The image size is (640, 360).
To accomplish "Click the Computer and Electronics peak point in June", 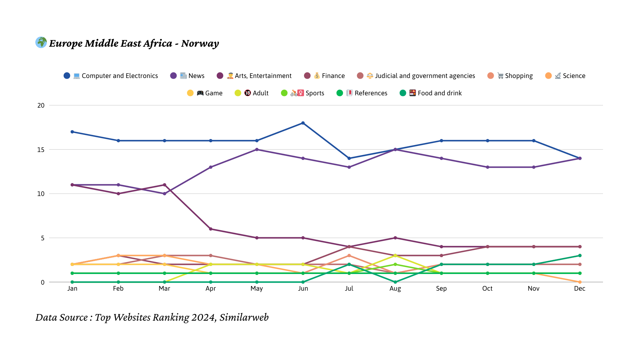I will click(x=303, y=123).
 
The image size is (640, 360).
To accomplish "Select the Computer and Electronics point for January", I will click(x=72, y=132).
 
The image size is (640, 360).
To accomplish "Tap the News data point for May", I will click(x=257, y=150).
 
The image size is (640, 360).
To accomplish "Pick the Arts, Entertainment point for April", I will click(x=211, y=229).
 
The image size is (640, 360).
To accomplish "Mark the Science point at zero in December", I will click(x=580, y=282).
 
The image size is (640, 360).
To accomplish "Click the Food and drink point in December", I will click(x=580, y=256).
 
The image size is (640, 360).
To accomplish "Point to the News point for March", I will click(x=164, y=194).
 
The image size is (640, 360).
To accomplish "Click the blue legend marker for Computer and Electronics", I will click(x=67, y=76).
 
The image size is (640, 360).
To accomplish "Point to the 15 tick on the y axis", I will click(x=41, y=150).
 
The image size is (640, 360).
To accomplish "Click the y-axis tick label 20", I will click(x=41, y=105).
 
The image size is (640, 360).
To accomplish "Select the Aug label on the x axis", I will click(x=395, y=289).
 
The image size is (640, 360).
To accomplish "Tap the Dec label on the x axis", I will click(x=580, y=289).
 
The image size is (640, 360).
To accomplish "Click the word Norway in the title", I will click(x=200, y=44).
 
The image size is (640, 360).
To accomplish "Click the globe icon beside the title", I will click(x=41, y=42).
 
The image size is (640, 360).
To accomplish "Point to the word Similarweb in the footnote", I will click(x=244, y=318).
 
